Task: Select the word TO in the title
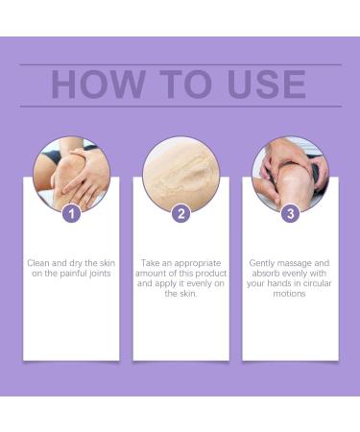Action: (x=177, y=84)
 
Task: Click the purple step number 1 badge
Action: (x=71, y=213)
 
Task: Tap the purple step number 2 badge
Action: (x=180, y=213)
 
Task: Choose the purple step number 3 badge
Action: (x=290, y=213)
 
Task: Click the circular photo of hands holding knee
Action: (x=71, y=174)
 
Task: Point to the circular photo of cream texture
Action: (x=180, y=174)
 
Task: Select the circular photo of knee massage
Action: (x=290, y=174)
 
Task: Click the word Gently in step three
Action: (x=264, y=261)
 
